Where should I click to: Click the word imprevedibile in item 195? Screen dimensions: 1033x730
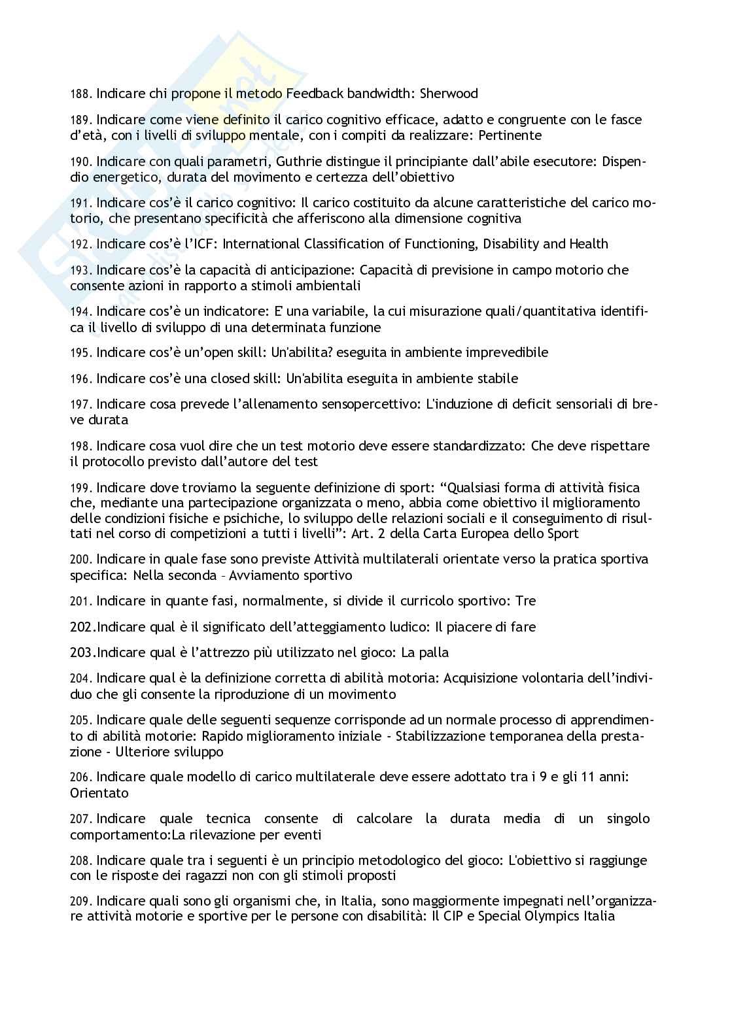click(x=504, y=352)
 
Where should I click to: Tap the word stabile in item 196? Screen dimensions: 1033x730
click(x=495, y=379)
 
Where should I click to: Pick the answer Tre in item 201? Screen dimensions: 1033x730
click(x=526, y=601)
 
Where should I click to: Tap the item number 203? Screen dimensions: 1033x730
click(x=82, y=652)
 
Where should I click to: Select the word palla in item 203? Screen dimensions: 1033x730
click(x=434, y=652)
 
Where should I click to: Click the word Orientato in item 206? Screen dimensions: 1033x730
click(x=99, y=793)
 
